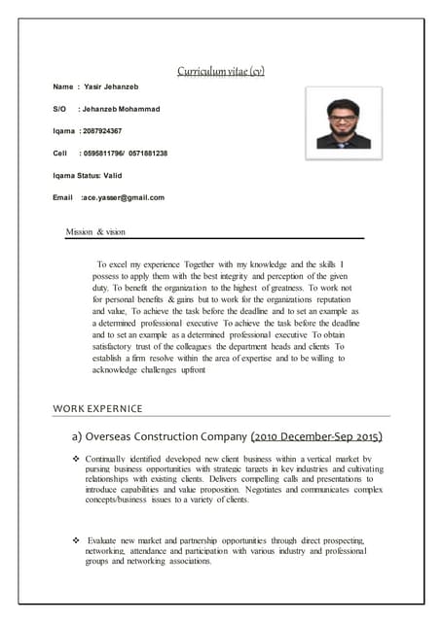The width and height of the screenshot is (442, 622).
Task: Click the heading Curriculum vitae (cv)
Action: click(x=221, y=71)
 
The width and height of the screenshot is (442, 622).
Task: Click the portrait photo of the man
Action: click(x=343, y=118)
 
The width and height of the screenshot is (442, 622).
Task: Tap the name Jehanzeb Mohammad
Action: click(x=121, y=109)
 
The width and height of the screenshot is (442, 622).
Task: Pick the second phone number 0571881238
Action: click(x=148, y=153)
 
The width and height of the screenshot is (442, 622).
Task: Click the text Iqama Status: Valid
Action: click(x=89, y=175)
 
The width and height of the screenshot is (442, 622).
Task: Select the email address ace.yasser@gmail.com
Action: click(x=124, y=197)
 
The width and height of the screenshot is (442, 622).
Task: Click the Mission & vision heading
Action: click(x=95, y=232)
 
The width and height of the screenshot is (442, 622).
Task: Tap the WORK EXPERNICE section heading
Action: click(x=97, y=408)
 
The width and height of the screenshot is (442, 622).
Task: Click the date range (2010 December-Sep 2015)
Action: click(x=315, y=435)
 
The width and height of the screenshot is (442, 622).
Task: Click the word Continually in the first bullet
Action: click(x=108, y=458)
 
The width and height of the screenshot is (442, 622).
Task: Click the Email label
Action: click(x=63, y=197)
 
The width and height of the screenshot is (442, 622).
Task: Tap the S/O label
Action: click(x=59, y=109)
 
